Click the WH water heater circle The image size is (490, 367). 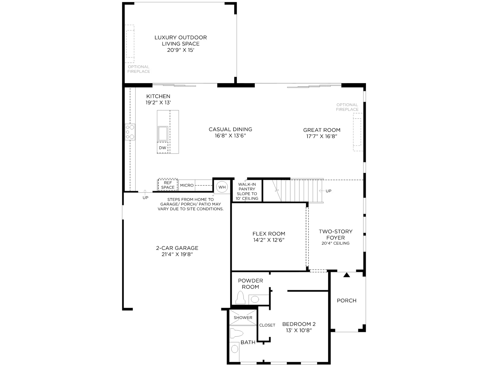222,187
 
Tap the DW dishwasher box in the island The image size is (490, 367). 163,147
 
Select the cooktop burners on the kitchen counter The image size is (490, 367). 130,132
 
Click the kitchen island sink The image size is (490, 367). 163,133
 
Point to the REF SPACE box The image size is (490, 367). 168,185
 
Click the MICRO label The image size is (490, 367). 187,185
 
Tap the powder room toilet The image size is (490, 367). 240,297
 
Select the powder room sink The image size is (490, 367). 255,299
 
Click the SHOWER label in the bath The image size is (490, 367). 243,317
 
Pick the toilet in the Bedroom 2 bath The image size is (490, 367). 236,333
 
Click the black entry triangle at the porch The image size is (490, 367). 346,275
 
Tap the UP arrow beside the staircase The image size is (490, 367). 322,191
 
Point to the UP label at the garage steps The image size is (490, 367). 145,198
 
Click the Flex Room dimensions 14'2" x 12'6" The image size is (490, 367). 269,240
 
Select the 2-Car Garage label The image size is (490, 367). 177,248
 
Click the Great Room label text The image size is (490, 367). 322,130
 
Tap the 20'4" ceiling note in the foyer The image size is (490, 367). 335,243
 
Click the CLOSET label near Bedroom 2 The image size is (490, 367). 267,325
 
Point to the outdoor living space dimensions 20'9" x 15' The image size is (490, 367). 181,50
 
